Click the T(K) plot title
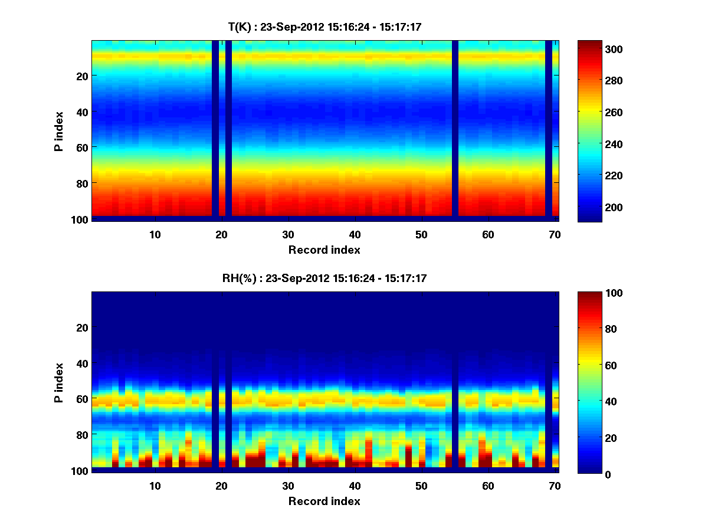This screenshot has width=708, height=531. tap(324, 27)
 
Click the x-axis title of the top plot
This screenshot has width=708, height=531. tap(324, 250)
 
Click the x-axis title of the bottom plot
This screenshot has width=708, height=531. tap(324, 501)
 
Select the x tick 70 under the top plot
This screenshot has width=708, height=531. tap(555, 234)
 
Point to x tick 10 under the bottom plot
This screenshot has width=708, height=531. tap(155, 486)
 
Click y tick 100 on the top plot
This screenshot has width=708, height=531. tap(81, 219)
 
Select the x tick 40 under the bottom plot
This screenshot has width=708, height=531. tap(355, 486)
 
